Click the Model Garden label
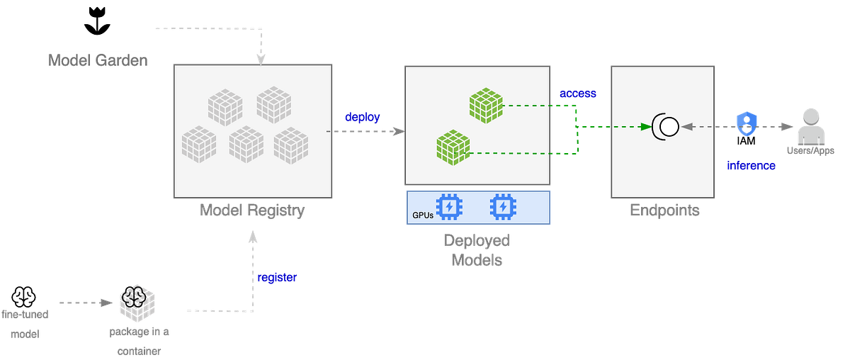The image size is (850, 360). pyautogui.click(x=98, y=60)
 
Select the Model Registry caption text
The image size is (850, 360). pyautogui.click(x=253, y=210)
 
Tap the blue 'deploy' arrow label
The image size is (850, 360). pyautogui.click(x=362, y=116)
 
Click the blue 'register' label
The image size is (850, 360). pyautogui.click(x=276, y=277)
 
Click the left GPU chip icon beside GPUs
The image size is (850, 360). pyautogui.click(x=448, y=207)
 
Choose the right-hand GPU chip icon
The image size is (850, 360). pyautogui.click(x=503, y=207)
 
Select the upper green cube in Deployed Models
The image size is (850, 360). pyautogui.click(x=486, y=106)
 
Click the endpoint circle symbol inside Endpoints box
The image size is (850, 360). pyautogui.click(x=666, y=127)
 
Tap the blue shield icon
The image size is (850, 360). pyautogui.click(x=747, y=123)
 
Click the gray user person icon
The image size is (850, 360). pyautogui.click(x=811, y=125)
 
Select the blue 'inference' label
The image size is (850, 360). pyautogui.click(x=751, y=166)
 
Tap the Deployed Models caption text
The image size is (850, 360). pyautogui.click(x=477, y=250)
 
